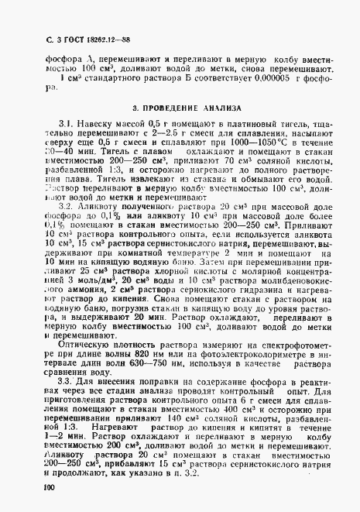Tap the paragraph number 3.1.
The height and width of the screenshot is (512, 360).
point(67,125)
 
